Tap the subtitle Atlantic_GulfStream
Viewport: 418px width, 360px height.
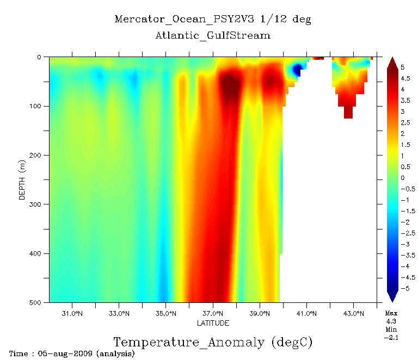(x=213, y=35)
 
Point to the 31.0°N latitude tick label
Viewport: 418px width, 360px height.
(x=72, y=314)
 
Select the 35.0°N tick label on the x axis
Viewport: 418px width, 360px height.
(x=166, y=314)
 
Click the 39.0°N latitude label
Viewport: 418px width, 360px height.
(x=260, y=314)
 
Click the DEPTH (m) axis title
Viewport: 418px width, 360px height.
(x=22, y=179)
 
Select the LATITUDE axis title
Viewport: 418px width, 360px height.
(x=213, y=323)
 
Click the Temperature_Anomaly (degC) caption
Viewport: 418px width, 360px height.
(x=213, y=343)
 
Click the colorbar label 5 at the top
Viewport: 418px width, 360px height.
(x=402, y=67)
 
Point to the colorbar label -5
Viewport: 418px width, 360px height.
(x=404, y=288)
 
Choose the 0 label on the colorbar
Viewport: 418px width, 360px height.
(x=402, y=178)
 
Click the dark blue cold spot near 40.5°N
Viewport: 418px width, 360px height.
(x=297, y=70)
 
